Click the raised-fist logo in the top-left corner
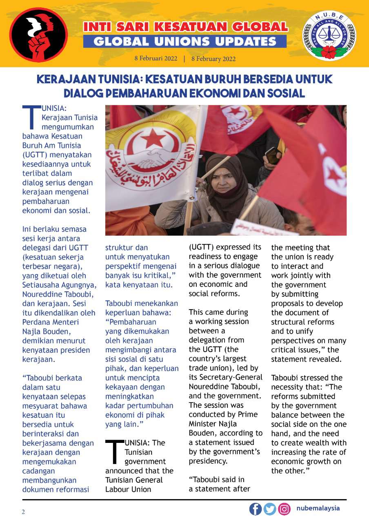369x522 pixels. [38, 34]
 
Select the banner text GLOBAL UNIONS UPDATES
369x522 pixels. [185, 41]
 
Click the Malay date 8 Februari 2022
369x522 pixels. [156, 58]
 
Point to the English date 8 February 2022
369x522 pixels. [213, 59]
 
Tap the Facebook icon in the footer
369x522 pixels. [256, 509]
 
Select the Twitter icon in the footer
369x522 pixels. [270, 509]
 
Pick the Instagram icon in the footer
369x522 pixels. [284, 509]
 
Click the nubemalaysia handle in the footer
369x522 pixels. [318, 509]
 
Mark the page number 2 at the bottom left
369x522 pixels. [23, 512]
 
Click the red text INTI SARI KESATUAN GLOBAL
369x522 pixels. [185, 27]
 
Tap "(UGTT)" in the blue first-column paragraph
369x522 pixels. [35, 155]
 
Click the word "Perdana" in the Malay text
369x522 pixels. [35, 322]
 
